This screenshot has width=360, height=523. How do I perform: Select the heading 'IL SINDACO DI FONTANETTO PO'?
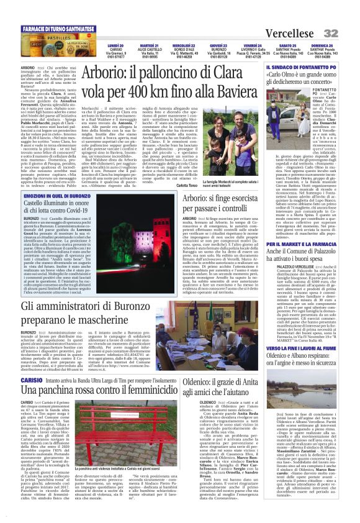pyautogui.click(x=297, y=65)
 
